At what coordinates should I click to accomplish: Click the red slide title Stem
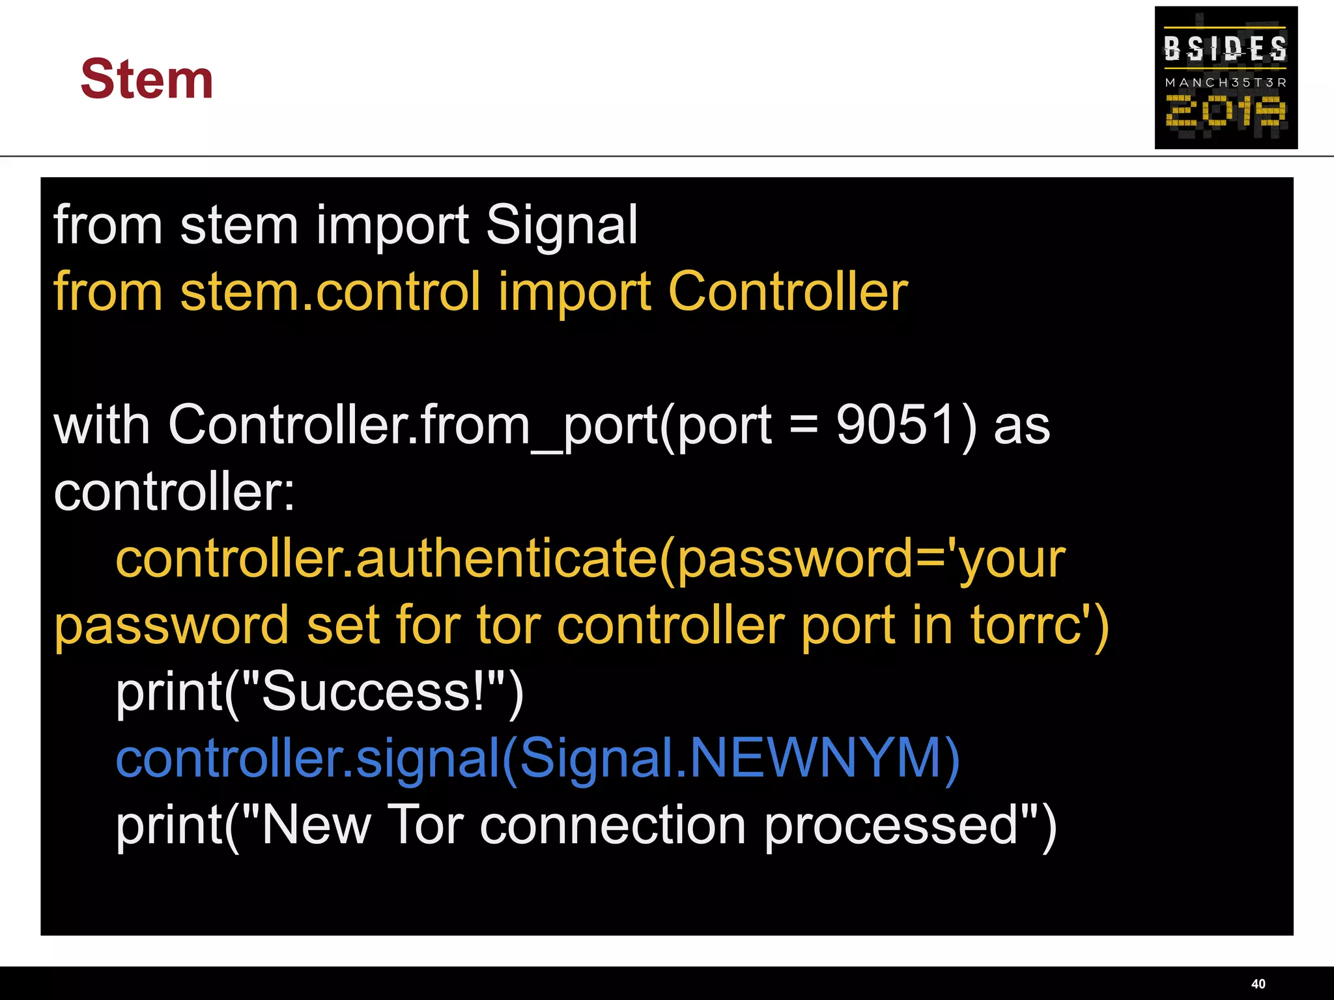click(x=147, y=79)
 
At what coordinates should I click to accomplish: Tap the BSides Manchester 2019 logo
click(x=1225, y=77)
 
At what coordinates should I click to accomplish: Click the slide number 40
click(x=1258, y=984)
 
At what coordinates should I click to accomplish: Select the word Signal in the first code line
click(x=561, y=225)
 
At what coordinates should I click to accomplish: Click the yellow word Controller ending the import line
click(x=788, y=292)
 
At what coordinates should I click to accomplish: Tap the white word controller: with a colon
click(x=174, y=492)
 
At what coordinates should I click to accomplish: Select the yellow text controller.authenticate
click(x=387, y=559)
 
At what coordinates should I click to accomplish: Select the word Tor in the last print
click(x=425, y=826)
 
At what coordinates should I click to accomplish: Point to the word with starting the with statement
click(x=102, y=425)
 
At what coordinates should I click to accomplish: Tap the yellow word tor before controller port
click(x=509, y=626)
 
